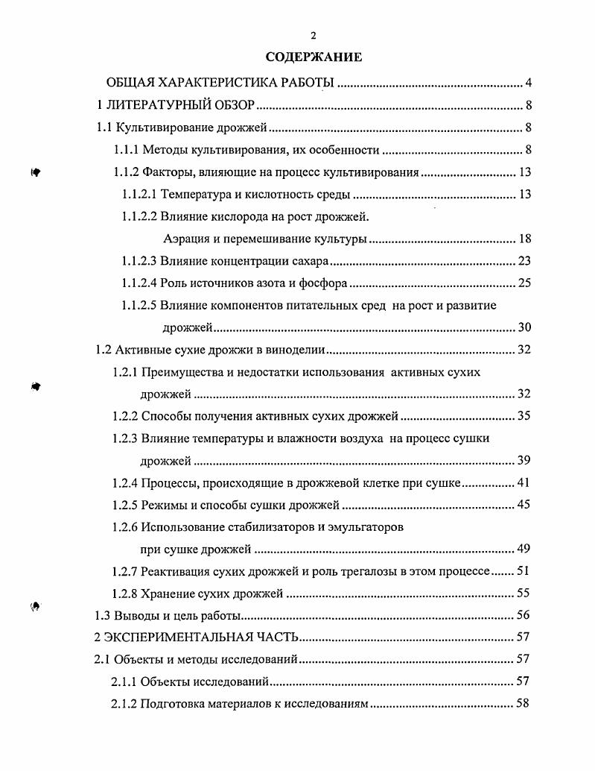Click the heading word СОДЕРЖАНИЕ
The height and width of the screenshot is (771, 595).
pyautogui.click(x=314, y=57)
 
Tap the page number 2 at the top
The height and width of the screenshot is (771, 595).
pyautogui.click(x=314, y=35)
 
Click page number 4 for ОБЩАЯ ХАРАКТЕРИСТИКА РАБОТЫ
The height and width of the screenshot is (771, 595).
pyautogui.click(x=527, y=82)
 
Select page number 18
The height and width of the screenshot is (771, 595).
pyautogui.click(x=524, y=239)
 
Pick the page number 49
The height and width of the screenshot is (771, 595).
pyautogui.click(x=524, y=550)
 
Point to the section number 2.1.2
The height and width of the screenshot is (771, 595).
pyautogui.click(x=123, y=704)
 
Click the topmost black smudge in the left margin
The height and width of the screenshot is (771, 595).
pyautogui.click(x=35, y=172)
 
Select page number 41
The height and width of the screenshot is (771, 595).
pyautogui.click(x=524, y=482)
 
